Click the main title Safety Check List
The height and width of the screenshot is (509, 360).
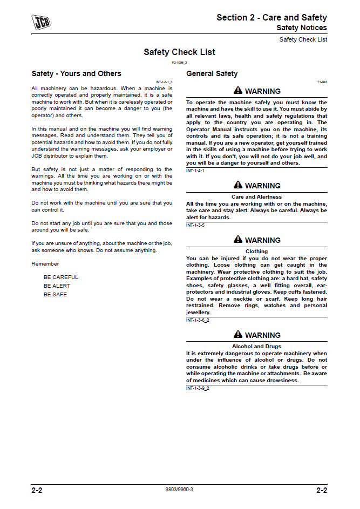[179, 52]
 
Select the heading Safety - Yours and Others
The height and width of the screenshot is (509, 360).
[76, 74]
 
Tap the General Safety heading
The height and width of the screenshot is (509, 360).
[212, 74]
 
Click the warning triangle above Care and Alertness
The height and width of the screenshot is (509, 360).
[238, 185]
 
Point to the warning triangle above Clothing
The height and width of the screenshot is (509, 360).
[238, 240]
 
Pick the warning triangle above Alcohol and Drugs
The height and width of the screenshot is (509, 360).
[238, 335]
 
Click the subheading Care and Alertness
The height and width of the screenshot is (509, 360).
[256, 197]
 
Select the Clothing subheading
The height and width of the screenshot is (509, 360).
[256, 252]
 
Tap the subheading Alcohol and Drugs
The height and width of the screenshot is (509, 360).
[256, 347]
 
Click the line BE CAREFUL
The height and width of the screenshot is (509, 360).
[61, 277]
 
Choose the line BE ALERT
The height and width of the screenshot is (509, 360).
[57, 286]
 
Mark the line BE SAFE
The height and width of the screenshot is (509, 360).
[56, 295]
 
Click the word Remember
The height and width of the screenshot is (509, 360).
[45, 264]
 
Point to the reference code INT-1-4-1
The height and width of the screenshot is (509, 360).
[195, 171]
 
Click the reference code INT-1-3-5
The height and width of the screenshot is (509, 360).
[195, 225]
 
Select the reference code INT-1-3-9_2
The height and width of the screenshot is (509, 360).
[198, 388]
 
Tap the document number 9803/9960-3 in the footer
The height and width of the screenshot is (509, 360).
[179, 490]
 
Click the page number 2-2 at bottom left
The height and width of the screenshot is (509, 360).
[37, 491]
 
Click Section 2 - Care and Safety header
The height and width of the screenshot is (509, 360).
[271, 17]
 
